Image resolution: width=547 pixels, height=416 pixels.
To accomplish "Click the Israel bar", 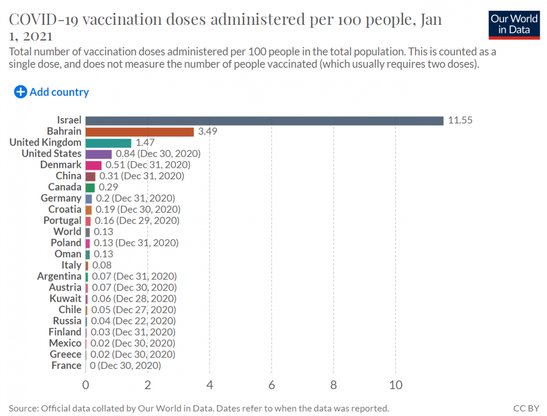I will coord(264,121).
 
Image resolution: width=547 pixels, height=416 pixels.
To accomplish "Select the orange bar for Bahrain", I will coord(140,132).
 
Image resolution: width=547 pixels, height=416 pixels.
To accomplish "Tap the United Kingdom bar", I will coord(108,143).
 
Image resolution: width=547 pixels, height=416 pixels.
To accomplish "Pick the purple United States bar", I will coord(99,154).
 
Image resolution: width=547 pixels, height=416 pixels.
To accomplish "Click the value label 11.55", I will coord(460,121).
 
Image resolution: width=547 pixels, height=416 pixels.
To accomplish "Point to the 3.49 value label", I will coord(208,132).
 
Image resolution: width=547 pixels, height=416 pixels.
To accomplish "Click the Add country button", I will coord(52,92).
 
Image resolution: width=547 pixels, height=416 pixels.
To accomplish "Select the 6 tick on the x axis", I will coord(272,385).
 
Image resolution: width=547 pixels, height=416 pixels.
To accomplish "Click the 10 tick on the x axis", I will coord(396,385).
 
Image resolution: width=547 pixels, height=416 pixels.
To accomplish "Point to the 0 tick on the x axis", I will coord(86,385).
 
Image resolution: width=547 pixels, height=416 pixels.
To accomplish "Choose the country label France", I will coord(66,365).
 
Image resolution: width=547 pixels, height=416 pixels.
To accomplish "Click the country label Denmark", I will coord(61,165).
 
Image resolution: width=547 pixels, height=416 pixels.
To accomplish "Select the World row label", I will coord(67,231).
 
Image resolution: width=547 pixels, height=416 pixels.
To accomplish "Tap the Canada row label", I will coord(65,187).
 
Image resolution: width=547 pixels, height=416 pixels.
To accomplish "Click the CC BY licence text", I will coord(526,408).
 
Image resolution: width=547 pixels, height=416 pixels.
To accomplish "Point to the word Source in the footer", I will coord(23,408).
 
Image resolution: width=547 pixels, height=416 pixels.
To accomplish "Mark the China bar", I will coord(90,176).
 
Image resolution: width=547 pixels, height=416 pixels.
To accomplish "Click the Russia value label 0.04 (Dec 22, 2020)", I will coord(133,321).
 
